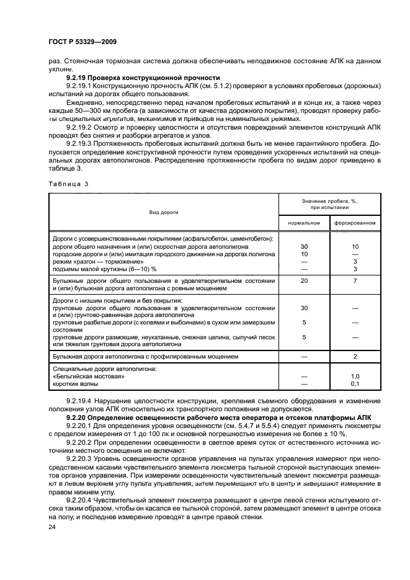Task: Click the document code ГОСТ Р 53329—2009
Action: (82, 41)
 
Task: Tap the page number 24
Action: (51, 527)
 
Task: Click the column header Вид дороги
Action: (164, 212)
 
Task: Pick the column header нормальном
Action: (304, 221)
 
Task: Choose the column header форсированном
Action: (355, 221)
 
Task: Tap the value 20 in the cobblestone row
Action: (304, 281)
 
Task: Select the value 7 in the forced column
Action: (355, 281)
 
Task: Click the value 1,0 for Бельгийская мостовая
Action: (355, 377)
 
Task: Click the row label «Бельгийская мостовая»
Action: (89, 377)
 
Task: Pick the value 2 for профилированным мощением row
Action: (355, 357)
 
